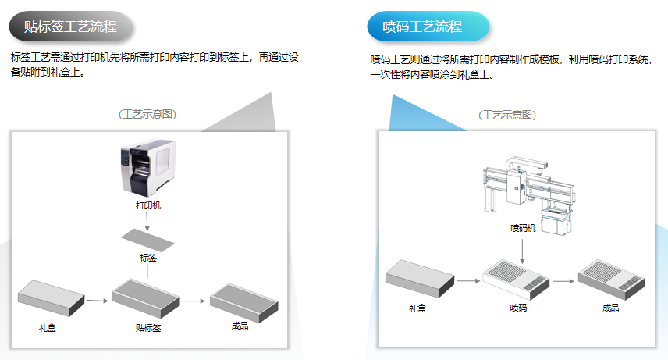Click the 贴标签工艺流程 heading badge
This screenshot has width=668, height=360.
pos(72,27)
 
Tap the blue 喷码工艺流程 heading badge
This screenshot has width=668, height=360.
pos(428,27)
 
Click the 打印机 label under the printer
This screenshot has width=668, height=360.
pos(148,206)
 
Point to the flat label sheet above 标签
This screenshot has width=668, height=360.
pos(148,239)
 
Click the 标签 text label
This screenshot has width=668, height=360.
pos(148,257)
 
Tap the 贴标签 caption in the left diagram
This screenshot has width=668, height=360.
pos(147,328)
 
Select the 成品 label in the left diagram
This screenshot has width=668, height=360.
pos(240,326)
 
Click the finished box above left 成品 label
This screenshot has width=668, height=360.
pos(240,298)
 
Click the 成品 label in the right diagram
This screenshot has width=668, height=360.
pos(610,308)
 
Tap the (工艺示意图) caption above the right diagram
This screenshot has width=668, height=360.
pos(507,115)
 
